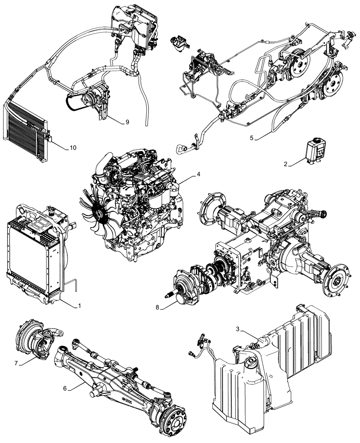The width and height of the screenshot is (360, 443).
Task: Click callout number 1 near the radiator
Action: [x=80, y=306]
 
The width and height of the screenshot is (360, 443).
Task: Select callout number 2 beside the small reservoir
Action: [x=286, y=164]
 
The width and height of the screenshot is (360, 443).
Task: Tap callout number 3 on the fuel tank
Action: [x=238, y=329]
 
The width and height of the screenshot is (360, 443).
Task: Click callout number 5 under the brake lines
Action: [x=251, y=138]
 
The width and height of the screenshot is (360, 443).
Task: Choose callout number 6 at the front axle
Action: [x=65, y=389]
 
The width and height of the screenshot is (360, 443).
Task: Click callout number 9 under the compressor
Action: [x=127, y=121]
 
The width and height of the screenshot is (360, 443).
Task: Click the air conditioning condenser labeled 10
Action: [x=27, y=126]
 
